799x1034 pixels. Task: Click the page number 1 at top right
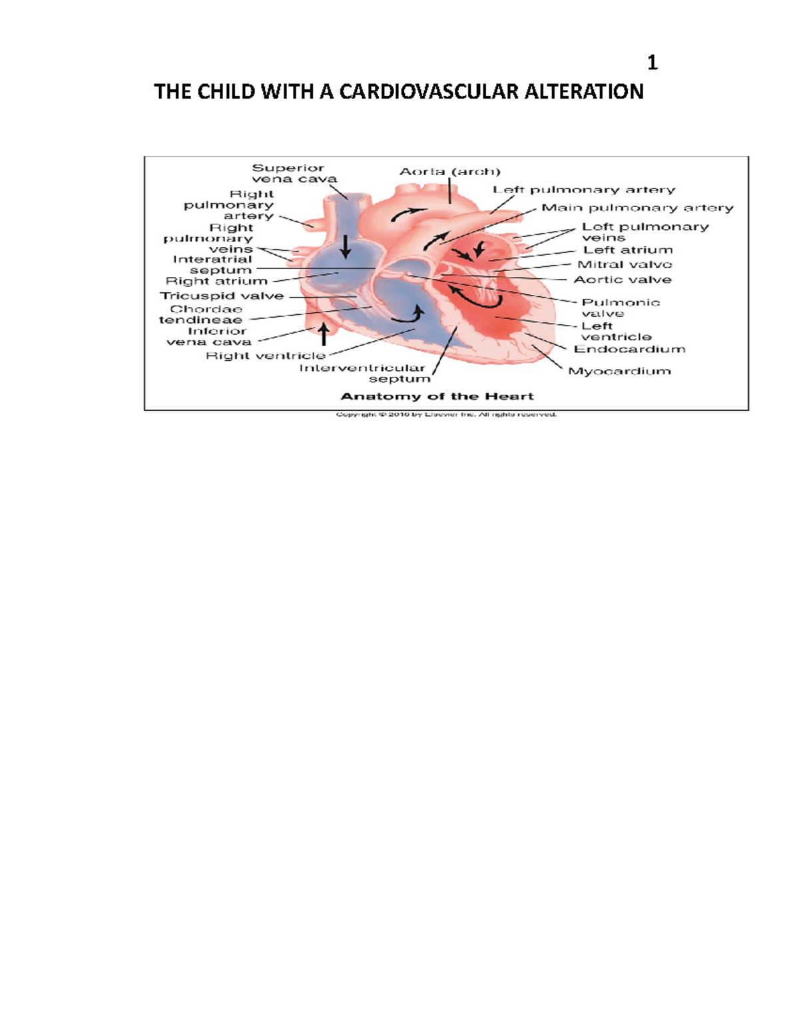click(x=652, y=63)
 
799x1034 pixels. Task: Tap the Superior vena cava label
click(x=294, y=173)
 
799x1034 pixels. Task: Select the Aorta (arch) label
click(x=449, y=172)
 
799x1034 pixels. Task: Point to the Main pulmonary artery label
click(x=637, y=208)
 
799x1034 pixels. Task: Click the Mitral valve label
click(x=624, y=264)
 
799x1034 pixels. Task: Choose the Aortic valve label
click(x=622, y=280)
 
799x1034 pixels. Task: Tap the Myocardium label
click(x=619, y=371)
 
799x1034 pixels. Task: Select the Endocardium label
click(x=629, y=349)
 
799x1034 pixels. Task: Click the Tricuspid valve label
click(x=222, y=296)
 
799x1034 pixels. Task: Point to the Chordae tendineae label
click(x=201, y=314)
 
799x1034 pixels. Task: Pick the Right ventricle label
click(x=265, y=356)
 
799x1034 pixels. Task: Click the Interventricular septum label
click(x=363, y=373)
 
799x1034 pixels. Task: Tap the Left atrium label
click(x=627, y=250)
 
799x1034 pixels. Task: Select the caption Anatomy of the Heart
click(x=437, y=396)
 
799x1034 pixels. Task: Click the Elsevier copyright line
click(x=446, y=414)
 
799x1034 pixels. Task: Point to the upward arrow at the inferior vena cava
click(x=324, y=333)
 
